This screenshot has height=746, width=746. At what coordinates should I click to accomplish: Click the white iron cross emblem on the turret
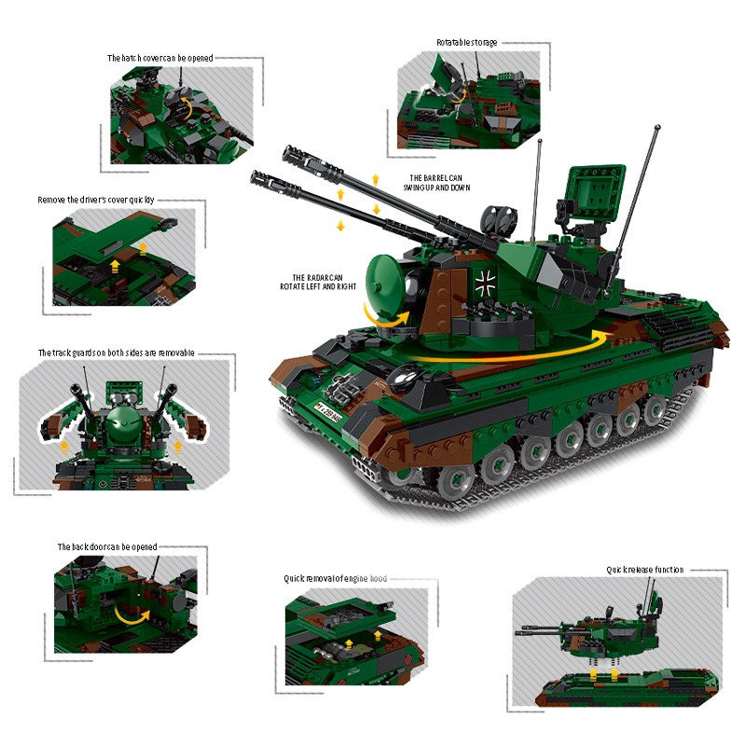tap(485, 283)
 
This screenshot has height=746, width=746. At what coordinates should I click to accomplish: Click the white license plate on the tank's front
tap(328, 412)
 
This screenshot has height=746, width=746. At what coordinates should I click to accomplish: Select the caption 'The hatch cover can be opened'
tap(159, 58)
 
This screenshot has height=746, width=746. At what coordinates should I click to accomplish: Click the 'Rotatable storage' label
tap(467, 42)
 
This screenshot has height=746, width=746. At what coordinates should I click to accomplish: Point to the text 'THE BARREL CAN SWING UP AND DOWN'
tap(436, 183)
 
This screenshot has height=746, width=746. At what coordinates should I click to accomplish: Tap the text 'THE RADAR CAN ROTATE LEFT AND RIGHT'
tap(318, 283)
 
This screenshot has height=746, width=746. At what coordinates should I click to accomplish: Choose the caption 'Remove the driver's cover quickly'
tap(96, 200)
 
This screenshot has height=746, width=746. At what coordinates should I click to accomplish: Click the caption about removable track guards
tap(116, 353)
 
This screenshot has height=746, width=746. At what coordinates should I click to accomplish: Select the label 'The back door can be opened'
tap(107, 547)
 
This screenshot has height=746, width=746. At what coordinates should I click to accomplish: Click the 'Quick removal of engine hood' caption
tap(336, 578)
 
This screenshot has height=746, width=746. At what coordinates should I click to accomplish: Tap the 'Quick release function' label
tap(644, 570)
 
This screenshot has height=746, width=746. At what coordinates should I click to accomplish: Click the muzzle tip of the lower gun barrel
tap(254, 176)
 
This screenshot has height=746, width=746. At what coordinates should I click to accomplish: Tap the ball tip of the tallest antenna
tap(657, 127)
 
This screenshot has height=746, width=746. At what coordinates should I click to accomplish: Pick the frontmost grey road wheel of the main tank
tap(455, 481)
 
